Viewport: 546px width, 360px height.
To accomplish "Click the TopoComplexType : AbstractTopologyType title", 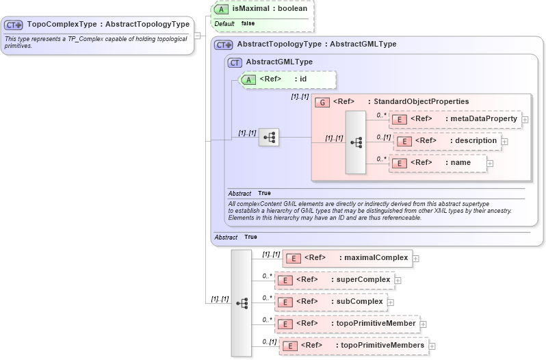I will (108, 25).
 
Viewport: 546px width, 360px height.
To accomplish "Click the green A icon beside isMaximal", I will (222, 10).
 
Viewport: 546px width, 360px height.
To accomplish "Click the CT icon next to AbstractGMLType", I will (235, 62).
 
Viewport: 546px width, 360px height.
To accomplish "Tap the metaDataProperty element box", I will (455, 119).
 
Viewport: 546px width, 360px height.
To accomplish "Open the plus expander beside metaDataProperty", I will (525, 120).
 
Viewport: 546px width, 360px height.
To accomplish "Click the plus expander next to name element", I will (490, 164).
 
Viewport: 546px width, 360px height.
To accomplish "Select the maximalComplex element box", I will (348, 258).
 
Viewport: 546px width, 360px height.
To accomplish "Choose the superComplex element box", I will (335, 280).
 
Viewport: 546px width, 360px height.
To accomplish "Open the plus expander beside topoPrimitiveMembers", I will (432, 346).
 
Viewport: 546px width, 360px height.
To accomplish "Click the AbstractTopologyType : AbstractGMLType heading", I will (316, 44).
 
